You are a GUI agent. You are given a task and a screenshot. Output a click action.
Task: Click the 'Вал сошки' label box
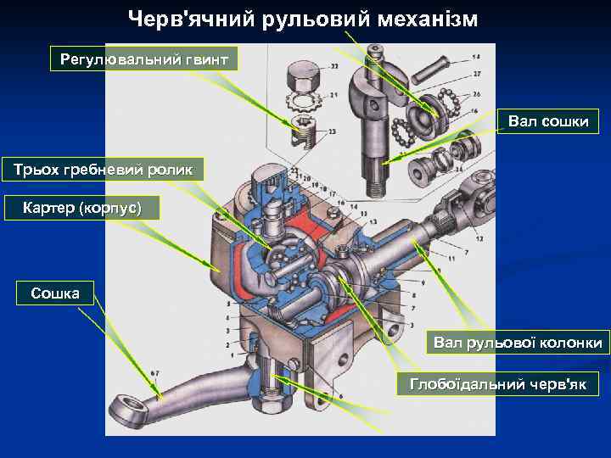coord(548,121)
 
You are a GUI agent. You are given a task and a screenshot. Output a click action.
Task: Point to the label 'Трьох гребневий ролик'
coord(103,169)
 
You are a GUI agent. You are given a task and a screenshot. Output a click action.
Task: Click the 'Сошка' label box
coord(55,294)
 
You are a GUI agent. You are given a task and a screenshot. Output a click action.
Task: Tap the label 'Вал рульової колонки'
coord(518,343)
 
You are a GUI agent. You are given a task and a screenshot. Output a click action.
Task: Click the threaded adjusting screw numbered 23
coord(301,131)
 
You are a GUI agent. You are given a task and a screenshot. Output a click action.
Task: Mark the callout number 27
coord(476,75)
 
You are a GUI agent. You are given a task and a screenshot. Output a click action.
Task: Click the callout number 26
coord(476,94)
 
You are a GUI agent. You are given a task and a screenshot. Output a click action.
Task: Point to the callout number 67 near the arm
coord(154,373)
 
